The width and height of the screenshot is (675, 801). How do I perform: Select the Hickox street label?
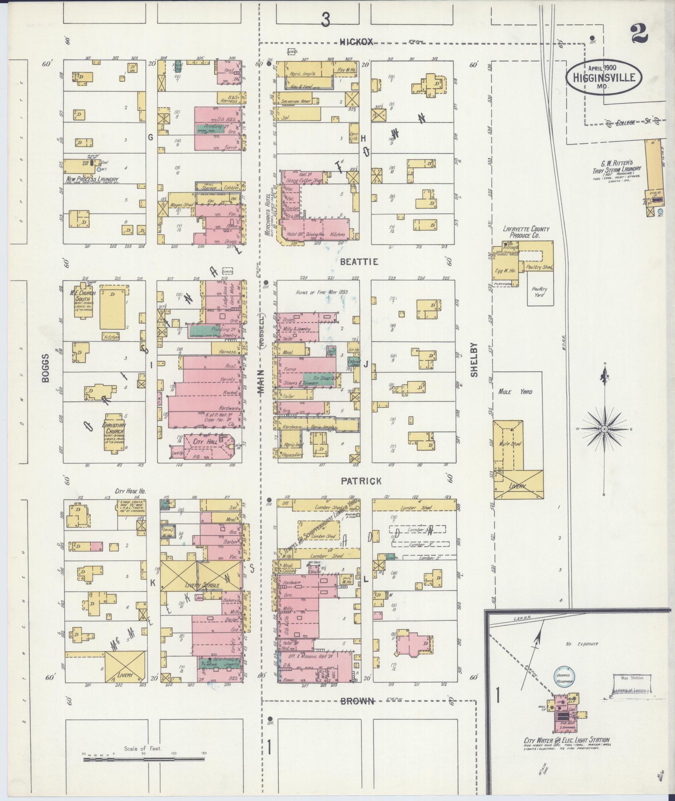[x=356, y=41]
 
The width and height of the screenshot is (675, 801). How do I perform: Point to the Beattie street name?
[x=359, y=262]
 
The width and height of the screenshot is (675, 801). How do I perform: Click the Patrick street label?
[x=361, y=481]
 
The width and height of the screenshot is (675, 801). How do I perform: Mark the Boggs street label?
[x=46, y=367]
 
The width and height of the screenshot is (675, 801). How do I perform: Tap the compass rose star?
[x=604, y=429]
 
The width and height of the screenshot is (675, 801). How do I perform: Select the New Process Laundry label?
[x=92, y=179]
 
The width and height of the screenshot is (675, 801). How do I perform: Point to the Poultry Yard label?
[x=539, y=291]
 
